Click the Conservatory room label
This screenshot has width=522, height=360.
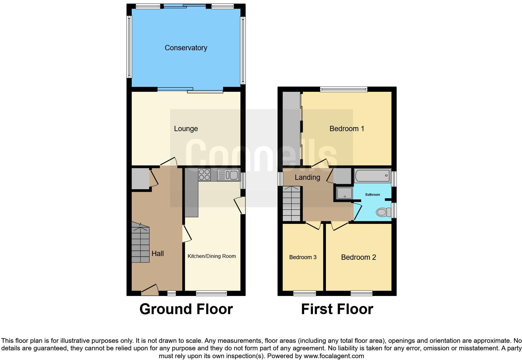click(x=186, y=48)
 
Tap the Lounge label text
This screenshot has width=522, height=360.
click(x=186, y=129)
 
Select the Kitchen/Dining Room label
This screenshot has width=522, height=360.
click(x=211, y=256)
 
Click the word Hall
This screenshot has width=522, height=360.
click(x=157, y=254)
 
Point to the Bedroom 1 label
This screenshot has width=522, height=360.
click(x=347, y=129)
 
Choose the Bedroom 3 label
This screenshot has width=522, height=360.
click(x=303, y=257)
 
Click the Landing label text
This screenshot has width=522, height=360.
click(x=307, y=177)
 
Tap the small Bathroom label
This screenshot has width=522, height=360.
click(x=372, y=195)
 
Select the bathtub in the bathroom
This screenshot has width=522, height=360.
click(x=372, y=176)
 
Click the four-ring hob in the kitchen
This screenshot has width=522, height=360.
click(x=204, y=175)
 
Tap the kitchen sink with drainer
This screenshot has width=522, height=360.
click(x=228, y=175)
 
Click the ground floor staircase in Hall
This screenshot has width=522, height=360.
click(x=140, y=243)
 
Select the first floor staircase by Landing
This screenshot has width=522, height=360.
click(x=291, y=204)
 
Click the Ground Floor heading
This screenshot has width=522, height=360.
click(x=186, y=309)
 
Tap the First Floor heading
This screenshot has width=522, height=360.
click(x=337, y=309)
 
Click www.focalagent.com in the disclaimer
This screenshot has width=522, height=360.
click(x=334, y=356)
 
